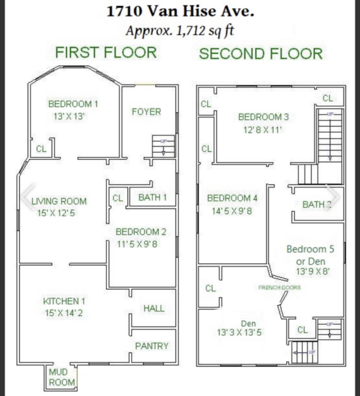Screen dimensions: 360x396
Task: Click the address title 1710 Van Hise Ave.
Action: click(180, 11)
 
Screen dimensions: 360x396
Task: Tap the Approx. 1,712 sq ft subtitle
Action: click(180, 31)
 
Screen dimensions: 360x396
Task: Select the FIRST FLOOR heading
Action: click(106, 53)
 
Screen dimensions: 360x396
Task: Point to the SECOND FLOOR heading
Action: click(261, 54)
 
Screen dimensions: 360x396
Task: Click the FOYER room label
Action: click(146, 112)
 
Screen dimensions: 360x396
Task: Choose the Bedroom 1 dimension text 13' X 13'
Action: click(69, 116)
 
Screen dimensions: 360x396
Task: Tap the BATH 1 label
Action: click(152, 197)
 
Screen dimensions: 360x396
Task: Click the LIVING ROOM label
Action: click(59, 201)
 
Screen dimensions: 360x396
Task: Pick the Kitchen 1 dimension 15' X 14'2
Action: click(64, 313)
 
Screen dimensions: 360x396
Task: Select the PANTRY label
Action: click(152, 346)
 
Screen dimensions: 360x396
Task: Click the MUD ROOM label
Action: click(61, 377)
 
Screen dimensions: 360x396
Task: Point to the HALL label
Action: click(154, 308)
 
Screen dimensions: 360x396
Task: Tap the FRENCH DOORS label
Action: click(280, 287)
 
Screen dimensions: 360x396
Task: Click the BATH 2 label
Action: click(317, 205)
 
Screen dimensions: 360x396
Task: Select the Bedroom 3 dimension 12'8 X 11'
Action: click(262, 130)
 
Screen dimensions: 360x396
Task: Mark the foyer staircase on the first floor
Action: click(164, 147)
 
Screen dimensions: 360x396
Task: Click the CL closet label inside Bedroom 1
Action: click(42, 148)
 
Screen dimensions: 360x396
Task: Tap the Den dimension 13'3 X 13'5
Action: click(239, 333)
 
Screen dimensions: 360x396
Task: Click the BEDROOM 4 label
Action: click(232, 198)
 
